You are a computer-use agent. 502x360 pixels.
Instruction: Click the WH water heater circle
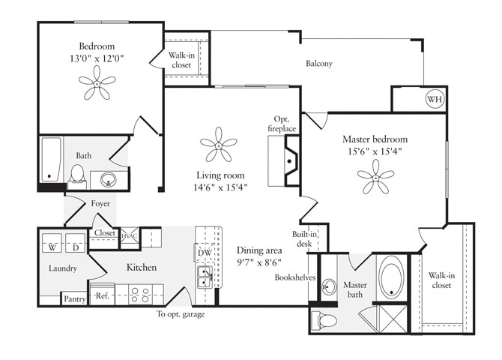pos(434,99)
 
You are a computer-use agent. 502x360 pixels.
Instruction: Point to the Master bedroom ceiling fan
pos(375,180)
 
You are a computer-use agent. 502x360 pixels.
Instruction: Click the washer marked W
pos(54,247)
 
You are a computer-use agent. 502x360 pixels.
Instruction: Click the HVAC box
pos(128,235)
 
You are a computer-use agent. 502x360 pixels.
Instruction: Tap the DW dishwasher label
pos(204,253)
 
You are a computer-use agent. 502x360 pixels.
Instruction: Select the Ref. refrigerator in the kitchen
pos(103,295)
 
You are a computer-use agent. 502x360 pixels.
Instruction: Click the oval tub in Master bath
pos(393,278)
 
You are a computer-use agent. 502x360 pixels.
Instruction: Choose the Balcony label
pos(318,64)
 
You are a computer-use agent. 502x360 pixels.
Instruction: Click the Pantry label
pos(74,298)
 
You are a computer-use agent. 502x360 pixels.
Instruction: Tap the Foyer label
pos(100,204)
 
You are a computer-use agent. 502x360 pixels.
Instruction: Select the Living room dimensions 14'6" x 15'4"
pos(218,187)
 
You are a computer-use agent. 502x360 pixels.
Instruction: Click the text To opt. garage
pos(180,313)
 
